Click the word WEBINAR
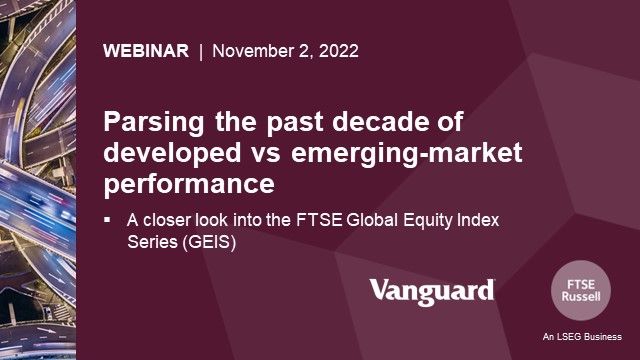(x=145, y=52)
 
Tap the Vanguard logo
(x=432, y=291)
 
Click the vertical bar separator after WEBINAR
(x=200, y=52)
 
